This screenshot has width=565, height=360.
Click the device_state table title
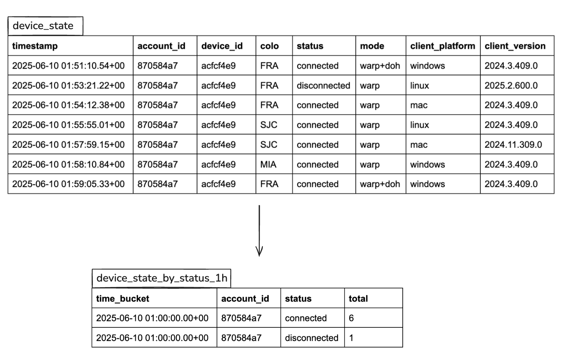coord(43,26)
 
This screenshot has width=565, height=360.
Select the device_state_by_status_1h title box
coord(162,278)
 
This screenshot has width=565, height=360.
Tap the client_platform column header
coord(443,46)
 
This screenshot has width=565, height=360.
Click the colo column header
coord(269,46)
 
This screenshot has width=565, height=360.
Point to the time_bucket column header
coord(122,299)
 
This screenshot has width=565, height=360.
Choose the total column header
coord(358,299)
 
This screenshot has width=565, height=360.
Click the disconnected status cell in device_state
coord(323,86)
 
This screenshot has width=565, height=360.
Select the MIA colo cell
coord(268,164)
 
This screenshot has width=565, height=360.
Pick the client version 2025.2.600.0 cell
coord(511,86)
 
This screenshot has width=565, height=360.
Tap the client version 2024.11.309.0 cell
coord(513,145)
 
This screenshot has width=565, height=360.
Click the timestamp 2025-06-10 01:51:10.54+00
coord(68,66)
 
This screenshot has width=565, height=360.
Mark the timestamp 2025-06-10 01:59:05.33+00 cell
coord(68,184)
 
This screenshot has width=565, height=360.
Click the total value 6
coord(351,318)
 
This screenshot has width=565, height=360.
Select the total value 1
coord(351,338)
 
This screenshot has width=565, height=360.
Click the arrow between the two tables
coord(259,231)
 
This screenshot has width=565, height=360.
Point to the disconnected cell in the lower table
coord(311,338)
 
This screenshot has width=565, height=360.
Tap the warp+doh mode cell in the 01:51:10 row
coord(380,66)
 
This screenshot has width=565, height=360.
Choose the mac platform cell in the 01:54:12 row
coord(419,105)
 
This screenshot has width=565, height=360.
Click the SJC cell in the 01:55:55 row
coord(268,125)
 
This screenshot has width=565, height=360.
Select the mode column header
coord(372,46)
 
